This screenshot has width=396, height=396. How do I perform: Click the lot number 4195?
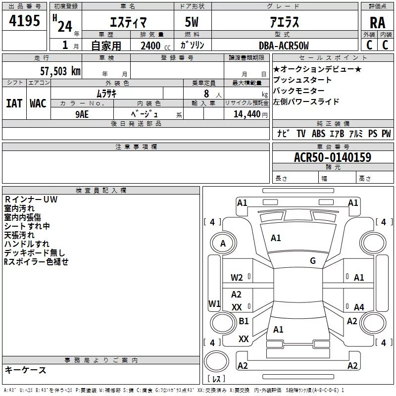tap(24, 21)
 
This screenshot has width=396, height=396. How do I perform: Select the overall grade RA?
tap(378, 23)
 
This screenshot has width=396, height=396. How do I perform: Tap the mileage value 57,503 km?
tap(60, 71)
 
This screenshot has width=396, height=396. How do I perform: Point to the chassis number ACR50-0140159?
tap(333, 157)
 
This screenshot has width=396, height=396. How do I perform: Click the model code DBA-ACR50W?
tap(284, 46)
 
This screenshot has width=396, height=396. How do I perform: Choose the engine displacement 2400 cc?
tap(155, 46)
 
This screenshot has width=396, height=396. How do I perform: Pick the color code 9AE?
tap(82, 114)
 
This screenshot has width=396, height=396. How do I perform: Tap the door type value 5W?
tap(192, 22)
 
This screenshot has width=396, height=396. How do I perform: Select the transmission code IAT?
tap(14, 103)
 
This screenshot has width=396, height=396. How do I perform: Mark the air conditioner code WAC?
tap(38, 103)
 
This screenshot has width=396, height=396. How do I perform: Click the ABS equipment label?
tap(318, 133)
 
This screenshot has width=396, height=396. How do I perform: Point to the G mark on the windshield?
tap(313, 260)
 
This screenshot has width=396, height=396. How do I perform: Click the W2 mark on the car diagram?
tap(237, 278)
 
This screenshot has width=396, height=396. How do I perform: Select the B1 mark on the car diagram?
tap(244, 321)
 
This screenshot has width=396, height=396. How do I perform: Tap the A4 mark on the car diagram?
tap(359, 307)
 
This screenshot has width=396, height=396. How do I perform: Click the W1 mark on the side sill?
tap(214, 303)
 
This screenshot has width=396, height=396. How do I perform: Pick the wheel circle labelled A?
tap(223, 244)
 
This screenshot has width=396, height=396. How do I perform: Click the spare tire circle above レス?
tap(216, 361)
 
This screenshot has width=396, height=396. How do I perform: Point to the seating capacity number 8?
tap(206, 94)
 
